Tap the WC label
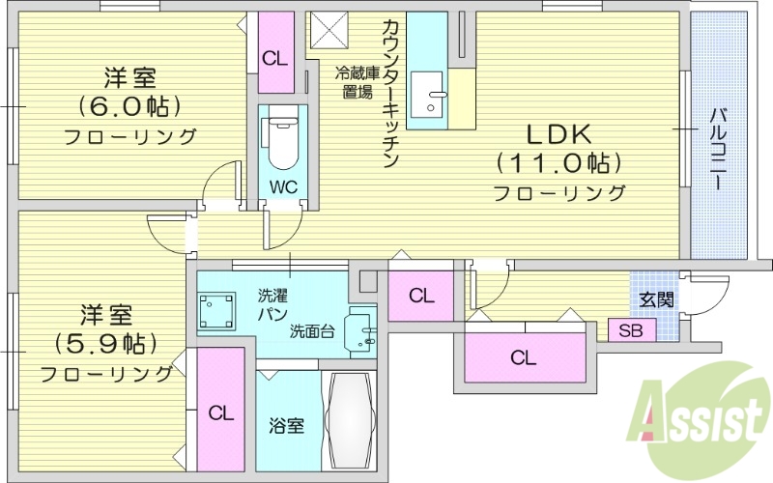pyautogui.click(x=283, y=185)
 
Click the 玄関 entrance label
pyautogui.click(x=656, y=299)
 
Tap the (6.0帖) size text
pyautogui.click(x=130, y=104)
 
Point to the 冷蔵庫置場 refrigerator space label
pyautogui.click(x=355, y=82)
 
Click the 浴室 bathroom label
pyautogui.click(x=287, y=424)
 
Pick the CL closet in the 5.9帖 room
pyautogui.click(x=221, y=412)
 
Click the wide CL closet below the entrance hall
pyautogui.click(x=524, y=358)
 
